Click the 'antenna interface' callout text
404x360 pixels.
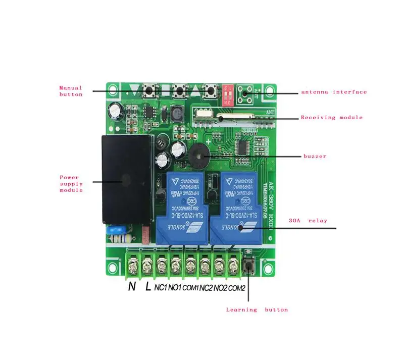point(334,92)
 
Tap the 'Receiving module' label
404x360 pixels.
point(331,118)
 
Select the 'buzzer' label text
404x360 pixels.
point(315,157)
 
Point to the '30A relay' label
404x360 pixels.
point(308,221)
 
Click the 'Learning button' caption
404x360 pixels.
point(257,310)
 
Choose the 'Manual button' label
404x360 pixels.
point(71,91)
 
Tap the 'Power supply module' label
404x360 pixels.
point(71,184)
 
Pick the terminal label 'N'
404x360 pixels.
point(132,287)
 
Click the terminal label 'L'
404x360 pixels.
point(147,287)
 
